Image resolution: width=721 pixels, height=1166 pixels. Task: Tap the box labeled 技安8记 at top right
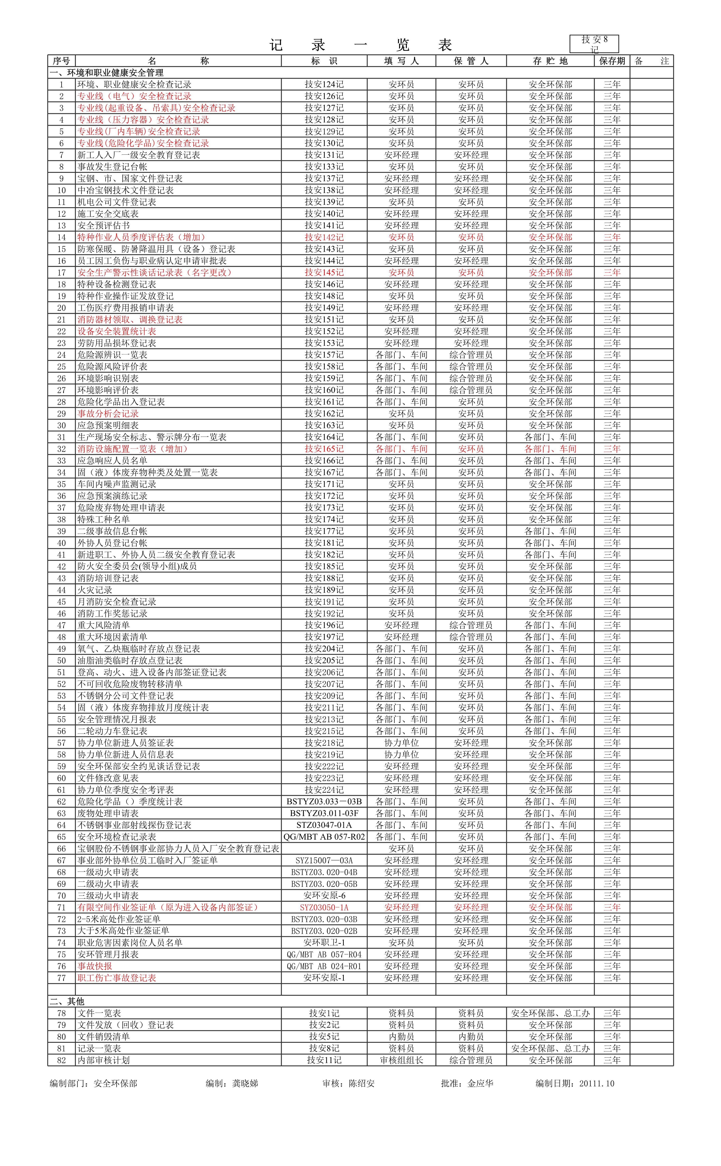[594, 44]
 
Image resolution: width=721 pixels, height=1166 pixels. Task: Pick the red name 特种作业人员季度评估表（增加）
[142, 237]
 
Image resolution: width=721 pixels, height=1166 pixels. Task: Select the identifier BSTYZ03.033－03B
[324, 801]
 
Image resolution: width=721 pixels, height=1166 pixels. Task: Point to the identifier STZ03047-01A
[324, 825]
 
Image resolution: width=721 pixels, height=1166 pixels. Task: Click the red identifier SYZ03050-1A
[324, 907]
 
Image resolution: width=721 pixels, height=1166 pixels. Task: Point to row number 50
[61, 660]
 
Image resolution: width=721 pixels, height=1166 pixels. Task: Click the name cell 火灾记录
[95, 590]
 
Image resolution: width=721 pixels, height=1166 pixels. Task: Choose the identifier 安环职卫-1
[324, 943]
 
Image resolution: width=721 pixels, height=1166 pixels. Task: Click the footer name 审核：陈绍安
[349, 1084]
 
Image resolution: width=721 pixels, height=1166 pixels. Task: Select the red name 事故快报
[95, 966]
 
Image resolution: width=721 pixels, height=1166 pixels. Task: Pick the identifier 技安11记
[324, 1060]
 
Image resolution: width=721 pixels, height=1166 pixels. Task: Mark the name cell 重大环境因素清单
[113, 637]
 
